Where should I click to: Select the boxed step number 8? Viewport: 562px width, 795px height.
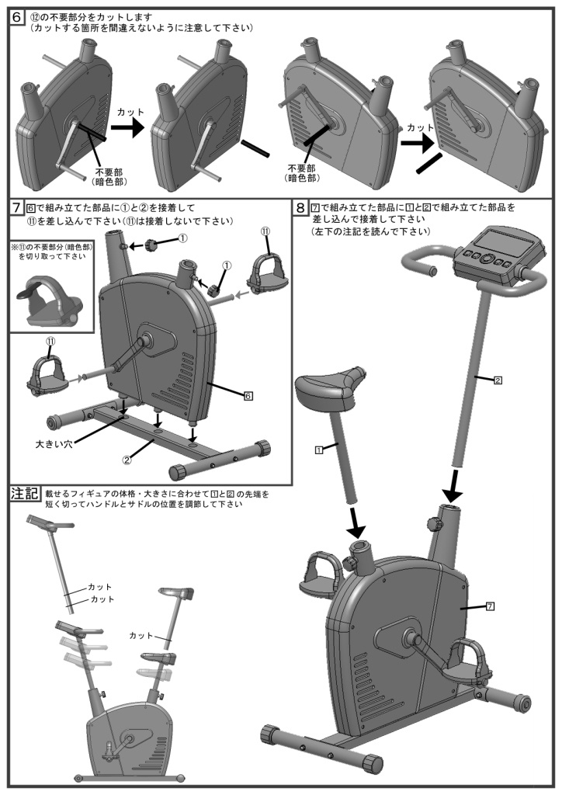[300, 207]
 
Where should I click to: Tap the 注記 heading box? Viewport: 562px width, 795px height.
[25, 493]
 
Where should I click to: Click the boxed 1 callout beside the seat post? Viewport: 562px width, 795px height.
[318, 450]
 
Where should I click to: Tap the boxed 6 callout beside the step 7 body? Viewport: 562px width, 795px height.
[248, 396]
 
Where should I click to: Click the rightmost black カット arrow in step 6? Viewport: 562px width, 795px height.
[416, 142]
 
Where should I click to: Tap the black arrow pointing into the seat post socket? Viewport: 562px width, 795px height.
[356, 525]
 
